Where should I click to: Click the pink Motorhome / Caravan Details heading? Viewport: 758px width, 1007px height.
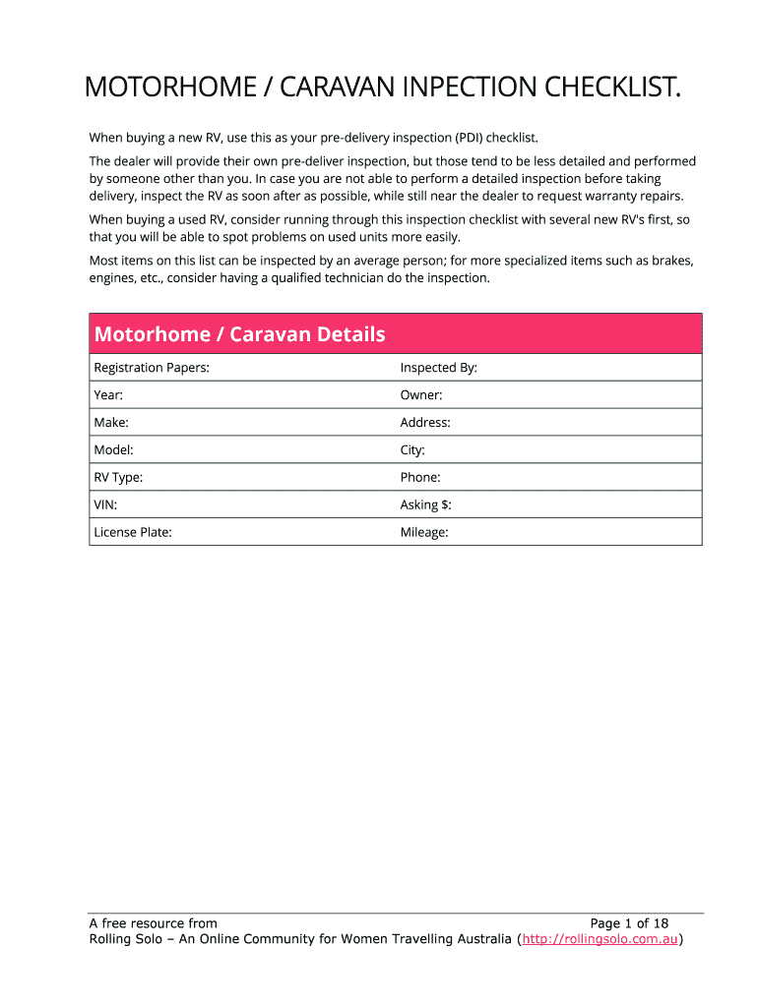click(x=239, y=334)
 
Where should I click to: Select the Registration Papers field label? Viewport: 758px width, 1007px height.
click(x=152, y=368)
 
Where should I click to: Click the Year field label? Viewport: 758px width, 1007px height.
click(x=108, y=395)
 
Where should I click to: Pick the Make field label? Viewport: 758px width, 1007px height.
click(x=111, y=423)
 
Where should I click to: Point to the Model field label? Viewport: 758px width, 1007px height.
click(x=113, y=450)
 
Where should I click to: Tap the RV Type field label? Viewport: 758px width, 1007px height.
click(x=118, y=478)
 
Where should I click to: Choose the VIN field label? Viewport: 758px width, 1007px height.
click(x=106, y=504)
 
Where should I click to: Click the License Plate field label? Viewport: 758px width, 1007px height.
click(x=133, y=532)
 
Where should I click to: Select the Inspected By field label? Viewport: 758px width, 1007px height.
click(x=438, y=368)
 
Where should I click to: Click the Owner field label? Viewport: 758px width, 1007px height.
click(x=421, y=395)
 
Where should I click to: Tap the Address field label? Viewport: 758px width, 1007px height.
click(x=425, y=423)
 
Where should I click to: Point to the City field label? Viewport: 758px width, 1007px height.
click(x=412, y=450)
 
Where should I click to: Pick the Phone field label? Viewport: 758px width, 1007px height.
click(x=420, y=478)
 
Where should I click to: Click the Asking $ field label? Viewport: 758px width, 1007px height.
click(x=425, y=504)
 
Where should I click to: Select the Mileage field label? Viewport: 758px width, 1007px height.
click(x=424, y=532)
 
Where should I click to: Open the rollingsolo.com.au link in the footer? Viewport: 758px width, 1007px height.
click(x=600, y=939)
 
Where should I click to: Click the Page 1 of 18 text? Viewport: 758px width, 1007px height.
click(x=629, y=923)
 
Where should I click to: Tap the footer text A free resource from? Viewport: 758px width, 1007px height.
click(x=154, y=923)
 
